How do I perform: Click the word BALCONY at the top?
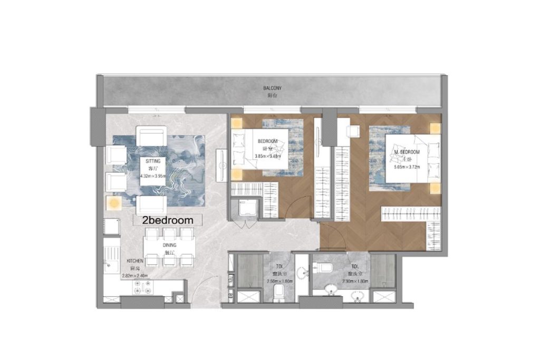(272, 88)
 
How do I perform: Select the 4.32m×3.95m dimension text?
(153, 176)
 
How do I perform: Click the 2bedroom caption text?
(166, 220)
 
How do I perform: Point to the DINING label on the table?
(169, 245)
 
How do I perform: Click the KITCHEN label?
(136, 261)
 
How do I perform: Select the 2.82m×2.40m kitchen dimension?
(134, 275)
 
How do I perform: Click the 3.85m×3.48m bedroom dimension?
(268, 157)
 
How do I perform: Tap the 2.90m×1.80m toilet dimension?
(355, 282)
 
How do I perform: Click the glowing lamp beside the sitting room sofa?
(113, 203)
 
